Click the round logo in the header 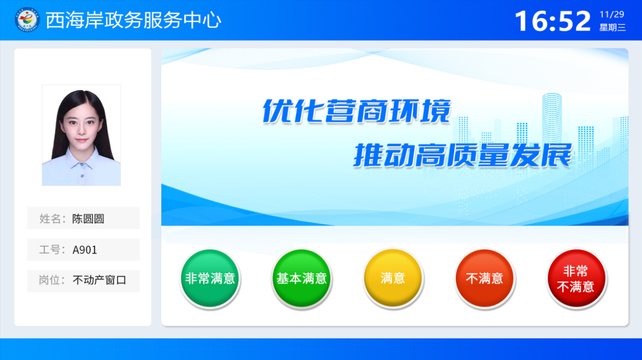point(27,20)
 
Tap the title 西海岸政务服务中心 point(133,20)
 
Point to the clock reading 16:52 point(552,21)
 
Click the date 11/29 point(612,15)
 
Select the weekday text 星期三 point(612,27)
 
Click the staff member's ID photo point(81,135)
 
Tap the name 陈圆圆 point(88,219)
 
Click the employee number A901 point(85,250)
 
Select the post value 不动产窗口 point(99,280)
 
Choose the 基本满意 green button point(302,278)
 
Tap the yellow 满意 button point(393,278)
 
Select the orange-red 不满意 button point(484,278)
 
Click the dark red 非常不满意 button point(576,278)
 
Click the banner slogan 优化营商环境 point(356,111)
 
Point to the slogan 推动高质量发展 point(463,156)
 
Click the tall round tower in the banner point(552,119)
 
